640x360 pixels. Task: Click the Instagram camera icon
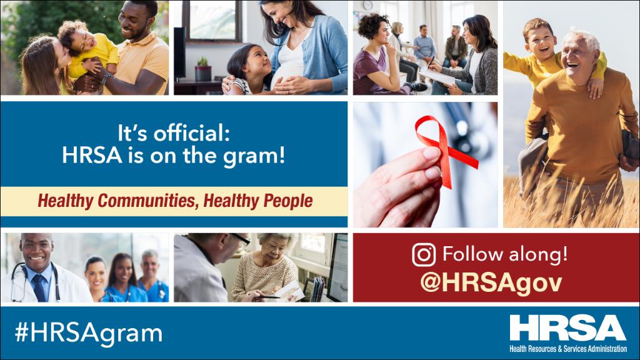pyautogui.click(x=424, y=255)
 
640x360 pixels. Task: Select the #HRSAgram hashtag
pyautogui.click(x=88, y=332)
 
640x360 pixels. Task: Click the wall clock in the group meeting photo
pyautogui.click(x=367, y=6)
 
